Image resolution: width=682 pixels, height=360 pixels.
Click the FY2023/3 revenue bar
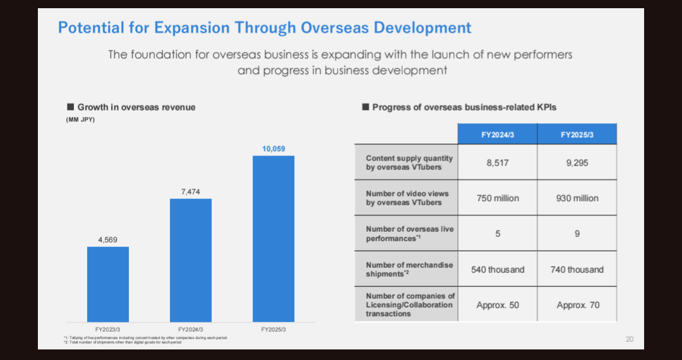click(x=108, y=284)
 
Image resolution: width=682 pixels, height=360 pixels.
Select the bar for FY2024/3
click(x=191, y=260)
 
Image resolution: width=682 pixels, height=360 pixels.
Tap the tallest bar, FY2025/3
click(x=273, y=239)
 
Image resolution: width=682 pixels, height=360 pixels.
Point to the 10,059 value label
click(x=273, y=149)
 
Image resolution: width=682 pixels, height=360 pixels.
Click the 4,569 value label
click(x=108, y=240)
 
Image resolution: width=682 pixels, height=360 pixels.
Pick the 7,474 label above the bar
click(x=191, y=191)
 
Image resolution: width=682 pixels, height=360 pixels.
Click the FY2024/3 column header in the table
click(x=498, y=134)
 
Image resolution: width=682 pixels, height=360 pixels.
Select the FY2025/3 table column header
click(x=577, y=134)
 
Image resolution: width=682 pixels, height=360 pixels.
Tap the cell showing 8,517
click(x=498, y=162)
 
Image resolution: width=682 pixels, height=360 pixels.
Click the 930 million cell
click(x=577, y=198)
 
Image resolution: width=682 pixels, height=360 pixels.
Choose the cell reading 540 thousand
click(x=498, y=270)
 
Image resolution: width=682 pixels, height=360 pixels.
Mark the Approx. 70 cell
click(x=577, y=305)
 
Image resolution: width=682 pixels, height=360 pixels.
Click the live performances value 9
click(x=577, y=234)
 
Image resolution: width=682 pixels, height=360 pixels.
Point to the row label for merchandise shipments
click(x=409, y=270)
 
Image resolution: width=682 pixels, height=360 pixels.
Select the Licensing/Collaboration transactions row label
click(x=409, y=304)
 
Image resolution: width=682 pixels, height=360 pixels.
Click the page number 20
click(x=629, y=339)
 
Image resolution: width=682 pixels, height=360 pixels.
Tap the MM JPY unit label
click(x=80, y=120)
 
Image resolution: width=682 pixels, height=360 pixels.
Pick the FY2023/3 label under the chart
click(x=108, y=329)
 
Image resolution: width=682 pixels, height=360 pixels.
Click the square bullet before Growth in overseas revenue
click(x=71, y=107)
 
